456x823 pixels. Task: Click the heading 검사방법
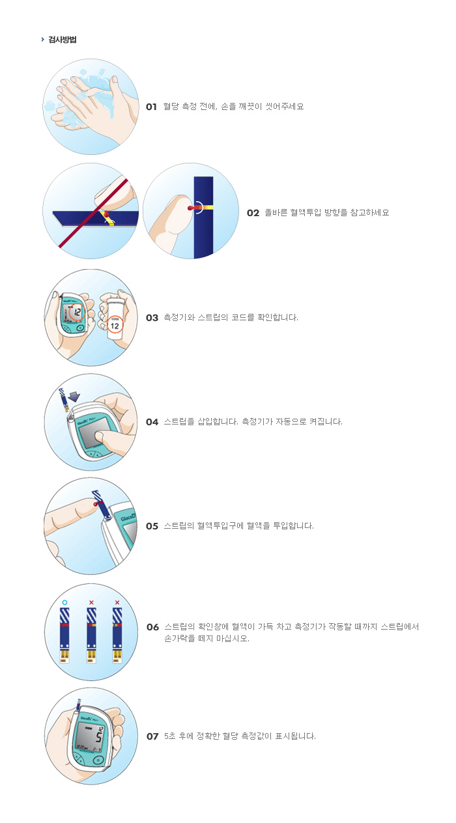click(63, 40)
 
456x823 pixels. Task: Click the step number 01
click(151, 107)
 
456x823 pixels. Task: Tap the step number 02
click(253, 213)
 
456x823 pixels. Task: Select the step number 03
click(152, 318)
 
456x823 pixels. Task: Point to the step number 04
click(152, 422)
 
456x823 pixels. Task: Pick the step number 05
click(152, 526)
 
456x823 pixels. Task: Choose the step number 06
click(152, 627)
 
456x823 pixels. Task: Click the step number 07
click(152, 736)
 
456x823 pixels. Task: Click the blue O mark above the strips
click(65, 602)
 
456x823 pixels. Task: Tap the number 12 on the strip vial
click(115, 326)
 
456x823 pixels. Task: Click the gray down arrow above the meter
click(74, 397)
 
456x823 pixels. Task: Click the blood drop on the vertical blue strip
click(192, 208)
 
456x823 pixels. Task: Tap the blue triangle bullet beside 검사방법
click(42, 39)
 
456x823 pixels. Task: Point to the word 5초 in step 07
click(170, 736)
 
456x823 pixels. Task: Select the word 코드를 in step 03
click(242, 318)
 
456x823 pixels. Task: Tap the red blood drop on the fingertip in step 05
click(96, 505)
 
